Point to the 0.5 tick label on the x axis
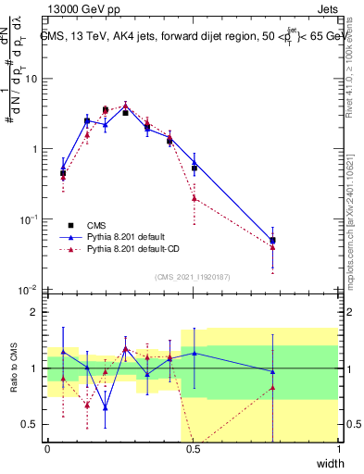click(x=193, y=449)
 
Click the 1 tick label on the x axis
click(x=338, y=449)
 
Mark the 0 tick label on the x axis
click(x=47, y=449)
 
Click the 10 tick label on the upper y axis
click(x=31, y=79)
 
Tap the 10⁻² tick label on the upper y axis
click(x=29, y=290)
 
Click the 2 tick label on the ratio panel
click(x=35, y=312)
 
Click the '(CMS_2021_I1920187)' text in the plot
click(x=193, y=276)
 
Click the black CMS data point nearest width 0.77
click(x=272, y=241)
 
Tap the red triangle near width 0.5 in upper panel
click(x=194, y=198)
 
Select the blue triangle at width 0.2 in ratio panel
click(x=105, y=407)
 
